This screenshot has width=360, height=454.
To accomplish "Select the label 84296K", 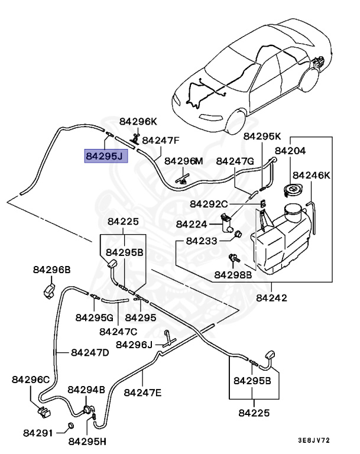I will point(138,121).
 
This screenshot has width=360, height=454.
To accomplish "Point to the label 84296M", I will point(184,161).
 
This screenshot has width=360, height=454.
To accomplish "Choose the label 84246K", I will point(312,175).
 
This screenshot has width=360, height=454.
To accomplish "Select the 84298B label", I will point(233,274).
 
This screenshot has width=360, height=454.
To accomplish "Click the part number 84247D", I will point(90,352).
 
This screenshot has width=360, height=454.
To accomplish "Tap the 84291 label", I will point(38,433).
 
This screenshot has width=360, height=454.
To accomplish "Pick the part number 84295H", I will point(87,441).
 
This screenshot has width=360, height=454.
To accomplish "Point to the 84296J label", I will point(135,344).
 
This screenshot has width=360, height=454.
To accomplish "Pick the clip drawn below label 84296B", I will point(50,290).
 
